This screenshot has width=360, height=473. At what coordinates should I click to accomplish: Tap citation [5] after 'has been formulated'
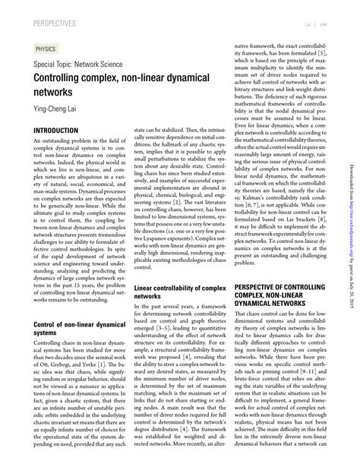point(322,55)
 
